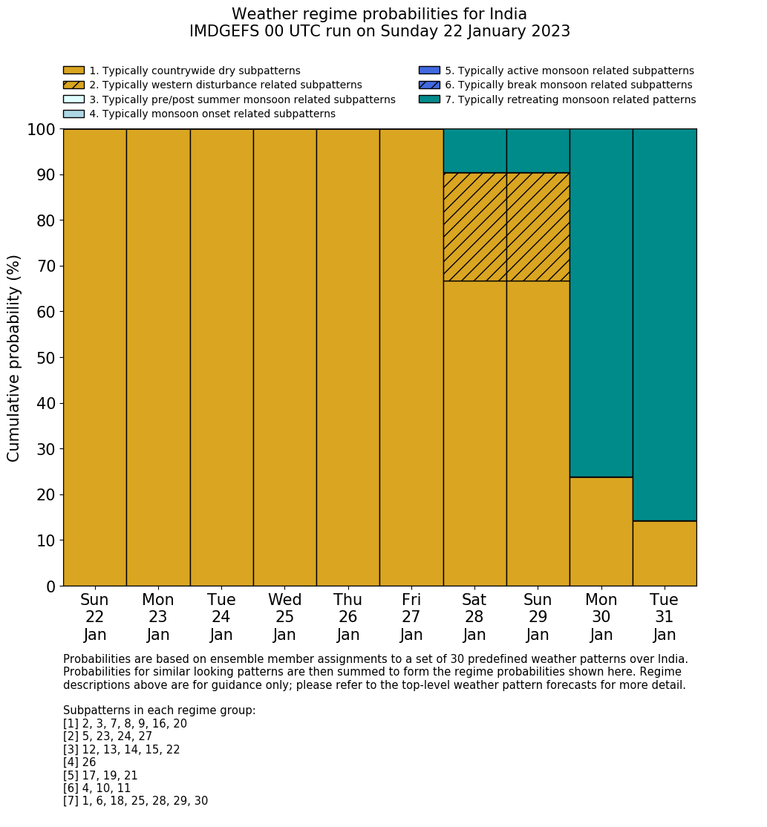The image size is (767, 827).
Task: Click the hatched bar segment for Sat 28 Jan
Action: pos(474,226)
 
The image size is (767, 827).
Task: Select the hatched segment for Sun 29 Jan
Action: pos(538,226)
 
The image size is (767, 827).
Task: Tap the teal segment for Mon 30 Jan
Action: pos(601,303)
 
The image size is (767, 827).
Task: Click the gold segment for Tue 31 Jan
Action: pos(665,553)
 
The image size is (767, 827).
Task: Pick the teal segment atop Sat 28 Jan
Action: pos(474,151)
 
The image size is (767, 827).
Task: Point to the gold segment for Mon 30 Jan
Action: pos(601,531)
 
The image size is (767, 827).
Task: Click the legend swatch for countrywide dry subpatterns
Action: pos(74,71)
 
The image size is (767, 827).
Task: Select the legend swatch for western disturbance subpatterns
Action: pos(74,85)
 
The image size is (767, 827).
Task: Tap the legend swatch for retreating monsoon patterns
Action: pos(429,99)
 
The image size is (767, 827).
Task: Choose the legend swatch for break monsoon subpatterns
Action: pos(429,85)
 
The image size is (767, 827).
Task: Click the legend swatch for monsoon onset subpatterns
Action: pos(74,114)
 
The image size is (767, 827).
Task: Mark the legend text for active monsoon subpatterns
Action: pos(569,71)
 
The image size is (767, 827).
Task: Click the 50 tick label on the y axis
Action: pos(45,358)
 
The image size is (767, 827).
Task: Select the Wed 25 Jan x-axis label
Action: pos(284,617)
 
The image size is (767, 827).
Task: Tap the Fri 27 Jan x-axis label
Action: pos(411,617)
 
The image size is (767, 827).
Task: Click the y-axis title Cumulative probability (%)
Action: pos(14,358)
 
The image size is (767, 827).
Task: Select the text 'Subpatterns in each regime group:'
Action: pos(159,710)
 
